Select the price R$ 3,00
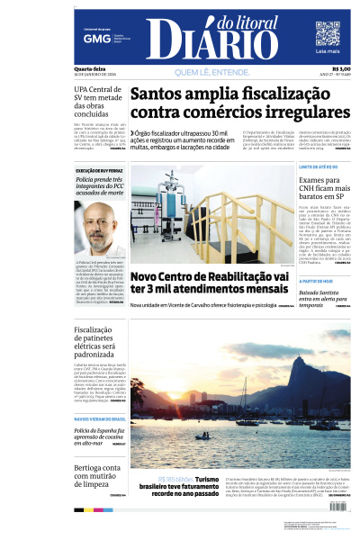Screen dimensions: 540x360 [341, 69]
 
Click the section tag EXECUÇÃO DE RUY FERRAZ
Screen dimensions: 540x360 [100, 170]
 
